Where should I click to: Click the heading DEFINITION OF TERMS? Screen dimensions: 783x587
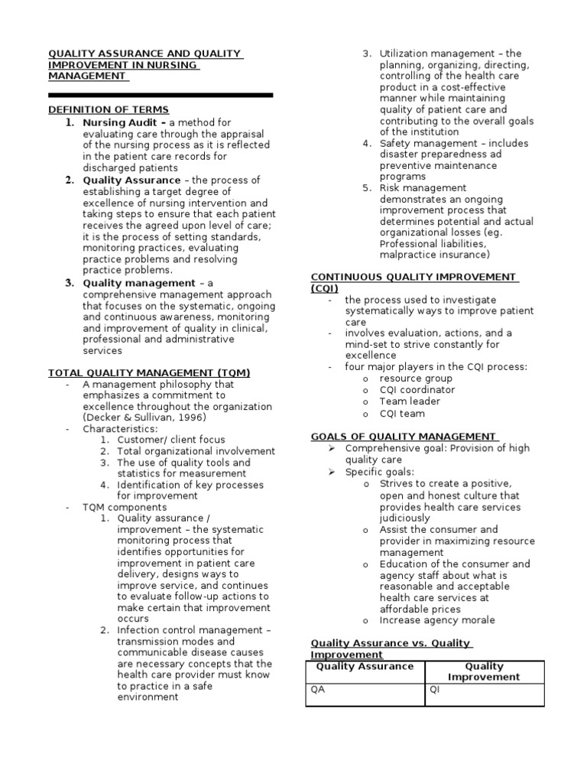(x=109, y=110)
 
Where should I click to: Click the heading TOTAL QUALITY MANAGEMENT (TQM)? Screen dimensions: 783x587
(x=149, y=372)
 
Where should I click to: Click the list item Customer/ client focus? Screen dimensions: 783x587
(x=170, y=440)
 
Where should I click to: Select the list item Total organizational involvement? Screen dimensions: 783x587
(x=196, y=451)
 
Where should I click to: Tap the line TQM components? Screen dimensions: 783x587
(x=125, y=507)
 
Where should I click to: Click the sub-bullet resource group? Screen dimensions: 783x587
(x=416, y=379)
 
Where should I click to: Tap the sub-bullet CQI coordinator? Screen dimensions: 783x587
(x=417, y=390)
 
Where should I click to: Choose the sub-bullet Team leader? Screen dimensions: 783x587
(x=410, y=401)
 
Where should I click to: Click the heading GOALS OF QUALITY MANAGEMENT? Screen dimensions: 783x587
(x=403, y=437)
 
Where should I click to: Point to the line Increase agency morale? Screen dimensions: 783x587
(x=437, y=620)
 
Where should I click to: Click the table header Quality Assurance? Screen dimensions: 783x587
(x=365, y=667)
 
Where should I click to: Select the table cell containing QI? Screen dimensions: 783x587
(x=485, y=694)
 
